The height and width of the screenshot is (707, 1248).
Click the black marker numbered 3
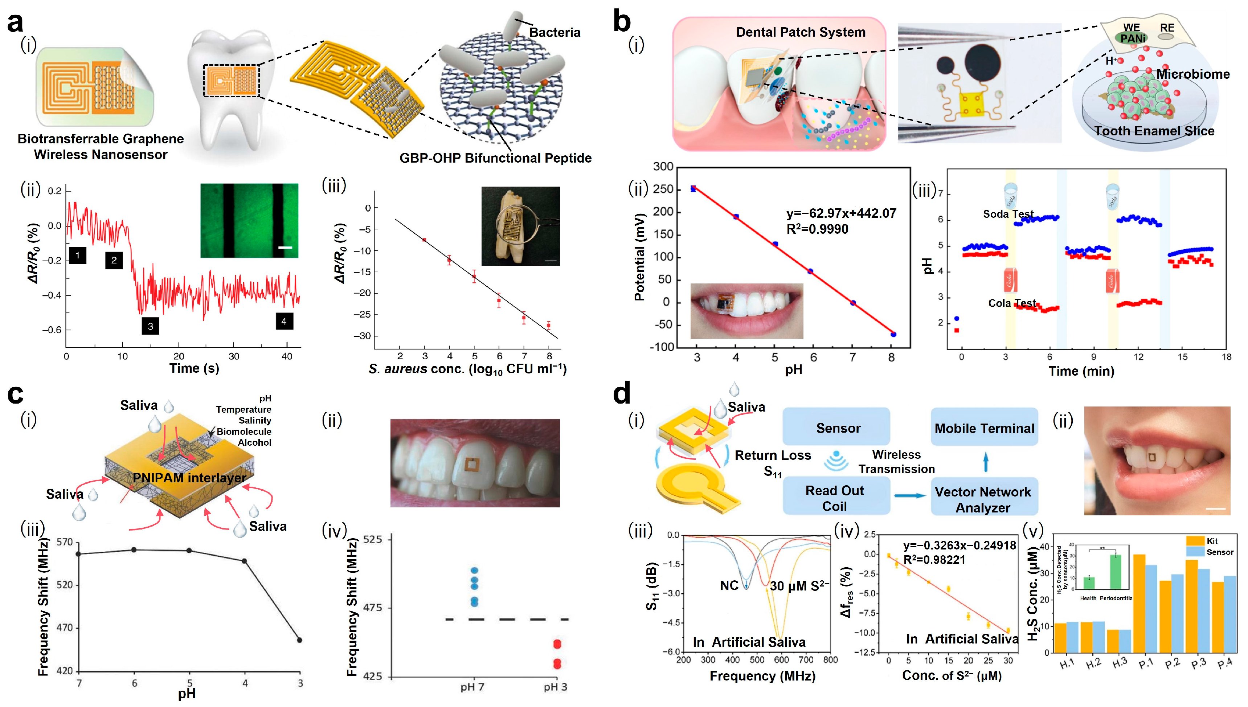click(x=150, y=326)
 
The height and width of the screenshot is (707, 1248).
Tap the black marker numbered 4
click(x=284, y=321)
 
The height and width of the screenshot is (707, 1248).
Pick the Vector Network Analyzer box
click(x=983, y=499)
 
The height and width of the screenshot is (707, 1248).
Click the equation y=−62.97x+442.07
click(x=841, y=213)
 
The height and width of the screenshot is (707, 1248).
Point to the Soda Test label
click(x=1008, y=214)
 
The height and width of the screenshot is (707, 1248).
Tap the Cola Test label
click(x=1012, y=303)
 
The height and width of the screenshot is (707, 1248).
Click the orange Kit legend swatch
click(x=1195, y=541)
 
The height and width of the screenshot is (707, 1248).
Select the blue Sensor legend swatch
click(x=1195, y=552)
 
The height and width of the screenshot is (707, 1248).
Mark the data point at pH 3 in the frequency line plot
click(x=299, y=640)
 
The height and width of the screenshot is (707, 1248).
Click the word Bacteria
click(x=555, y=33)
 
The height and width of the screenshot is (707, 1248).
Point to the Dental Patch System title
click(x=801, y=32)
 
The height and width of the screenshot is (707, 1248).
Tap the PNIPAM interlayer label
click(x=189, y=478)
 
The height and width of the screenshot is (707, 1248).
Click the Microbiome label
click(x=1193, y=74)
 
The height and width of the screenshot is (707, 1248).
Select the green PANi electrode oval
click(x=1133, y=38)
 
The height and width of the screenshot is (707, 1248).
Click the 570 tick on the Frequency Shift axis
click(x=65, y=542)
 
